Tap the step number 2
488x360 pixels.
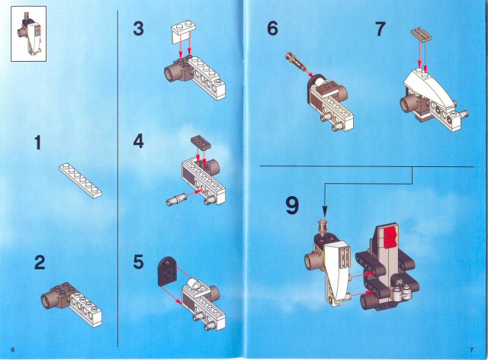pos(40,263)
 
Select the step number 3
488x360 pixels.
pos(138,29)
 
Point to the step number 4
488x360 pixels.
pos(138,142)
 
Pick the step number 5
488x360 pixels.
pos(138,262)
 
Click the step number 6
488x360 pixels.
pos(272,29)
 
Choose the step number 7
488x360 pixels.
pos(380,29)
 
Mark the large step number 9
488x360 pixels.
pos(292,206)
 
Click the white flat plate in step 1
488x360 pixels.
pos(80,180)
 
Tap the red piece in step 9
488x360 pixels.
pos(390,237)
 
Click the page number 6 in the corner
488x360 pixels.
pos(13,349)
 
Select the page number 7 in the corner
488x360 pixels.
pos(472,349)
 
